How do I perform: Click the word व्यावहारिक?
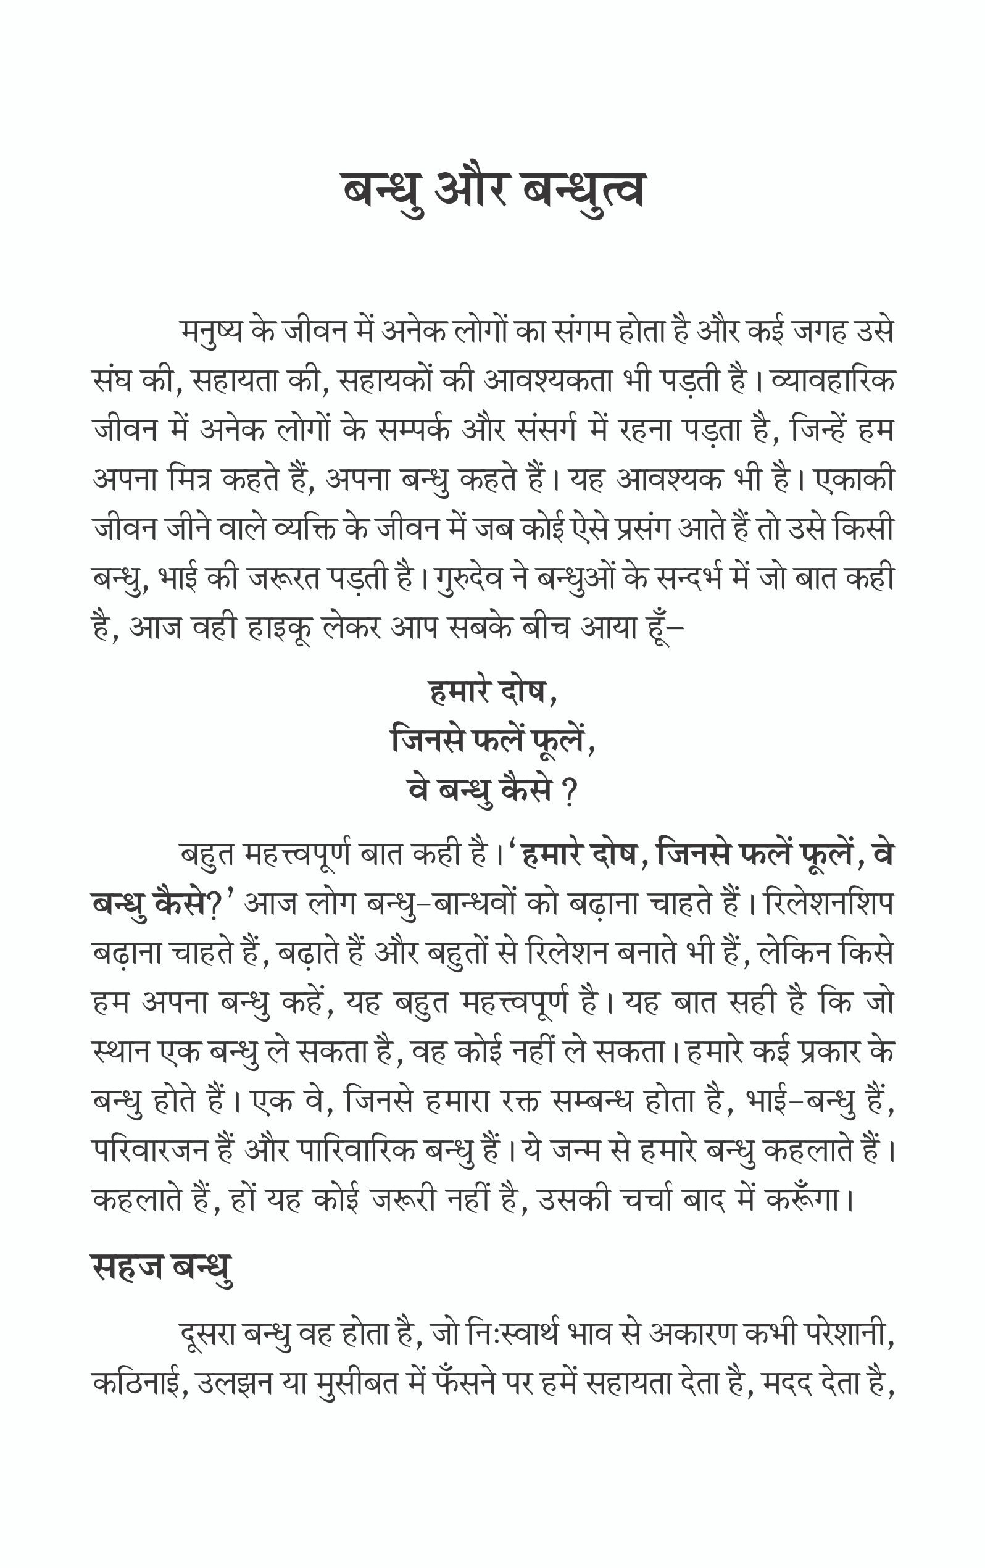833,381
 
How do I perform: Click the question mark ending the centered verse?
570,793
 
